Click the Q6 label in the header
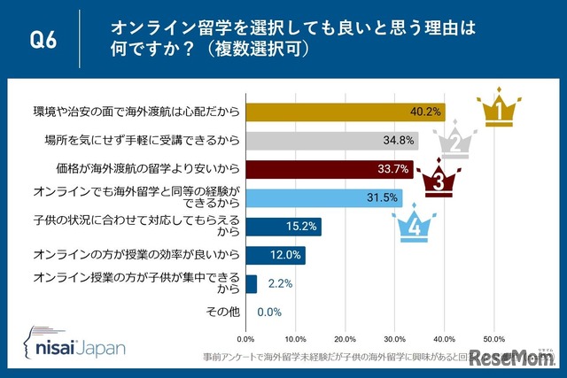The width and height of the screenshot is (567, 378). [44, 41]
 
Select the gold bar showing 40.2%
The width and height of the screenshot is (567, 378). [346, 112]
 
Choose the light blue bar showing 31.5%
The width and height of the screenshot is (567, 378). [324, 198]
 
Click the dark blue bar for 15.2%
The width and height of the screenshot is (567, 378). [283, 227]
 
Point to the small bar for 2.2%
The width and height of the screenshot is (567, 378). [251, 283]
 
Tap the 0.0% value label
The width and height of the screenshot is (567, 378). [269, 312]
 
